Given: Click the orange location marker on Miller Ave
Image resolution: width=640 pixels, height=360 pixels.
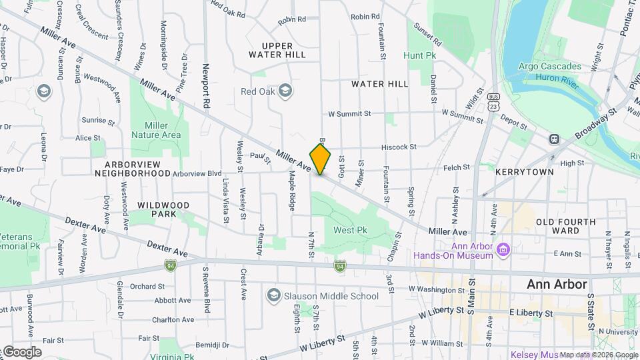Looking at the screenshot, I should (x=320, y=159).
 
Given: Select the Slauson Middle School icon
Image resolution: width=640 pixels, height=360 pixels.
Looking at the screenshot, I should (x=273, y=295).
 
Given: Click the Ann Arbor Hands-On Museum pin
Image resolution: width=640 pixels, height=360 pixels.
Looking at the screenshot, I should (x=504, y=250).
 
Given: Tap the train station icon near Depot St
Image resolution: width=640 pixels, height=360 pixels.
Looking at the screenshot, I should (x=553, y=139).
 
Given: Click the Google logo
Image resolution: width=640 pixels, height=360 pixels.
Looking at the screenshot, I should (x=21, y=352).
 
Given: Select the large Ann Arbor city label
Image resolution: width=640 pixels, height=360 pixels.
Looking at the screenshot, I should (x=557, y=284).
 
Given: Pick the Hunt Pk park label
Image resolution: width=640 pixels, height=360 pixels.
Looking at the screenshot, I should (x=419, y=56).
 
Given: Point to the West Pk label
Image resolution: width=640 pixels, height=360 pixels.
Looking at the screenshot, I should (x=351, y=231).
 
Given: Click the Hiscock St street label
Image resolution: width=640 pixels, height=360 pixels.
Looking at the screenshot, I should (x=399, y=147).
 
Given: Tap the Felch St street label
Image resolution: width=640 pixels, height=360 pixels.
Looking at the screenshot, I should (x=461, y=169).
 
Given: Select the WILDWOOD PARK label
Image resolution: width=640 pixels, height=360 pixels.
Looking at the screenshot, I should (x=163, y=209).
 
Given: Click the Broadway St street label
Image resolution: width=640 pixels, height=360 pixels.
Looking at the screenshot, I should (x=597, y=124).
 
